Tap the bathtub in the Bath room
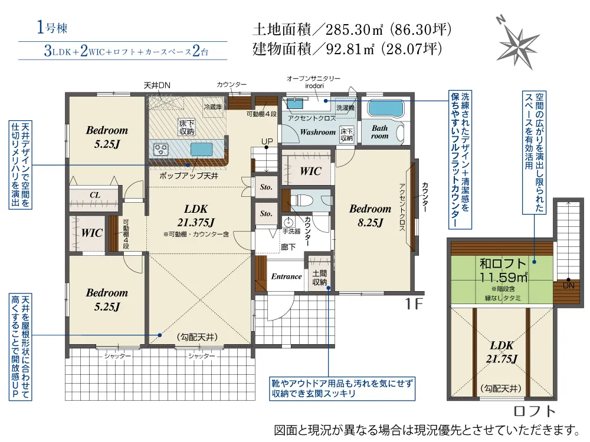pos(385,108)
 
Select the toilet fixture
pos(301,200)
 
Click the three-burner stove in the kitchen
pos(161,150)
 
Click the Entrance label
pos(286,276)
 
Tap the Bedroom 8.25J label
pos(371,215)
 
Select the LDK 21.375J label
pos(196,215)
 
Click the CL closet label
pos(95,195)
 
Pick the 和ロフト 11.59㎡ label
pos(503,271)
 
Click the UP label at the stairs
pos(267,141)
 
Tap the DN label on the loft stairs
pos(569,286)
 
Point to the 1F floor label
pos(414,304)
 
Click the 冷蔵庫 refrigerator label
pos(212,107)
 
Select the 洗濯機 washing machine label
pos(345,108)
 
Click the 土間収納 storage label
pos(319,278)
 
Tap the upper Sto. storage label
pos(266,187)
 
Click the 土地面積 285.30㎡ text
pos(352,29)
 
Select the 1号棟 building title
pos(53,28)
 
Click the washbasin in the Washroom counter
pos(295,103)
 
